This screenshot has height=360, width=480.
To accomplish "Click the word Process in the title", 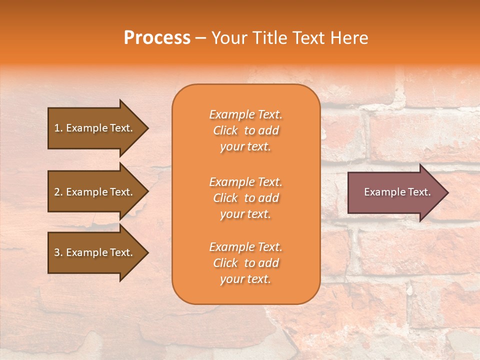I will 157,38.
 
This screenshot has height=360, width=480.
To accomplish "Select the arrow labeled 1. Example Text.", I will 95,128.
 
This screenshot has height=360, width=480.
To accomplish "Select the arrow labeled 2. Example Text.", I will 95,192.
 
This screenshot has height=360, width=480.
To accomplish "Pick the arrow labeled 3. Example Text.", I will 95,252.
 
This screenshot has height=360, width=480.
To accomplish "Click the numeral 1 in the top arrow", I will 57,128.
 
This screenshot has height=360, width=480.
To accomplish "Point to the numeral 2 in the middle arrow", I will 57,192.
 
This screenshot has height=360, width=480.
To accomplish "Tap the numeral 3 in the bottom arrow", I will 57,252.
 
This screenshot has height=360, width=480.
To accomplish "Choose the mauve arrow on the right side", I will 395,192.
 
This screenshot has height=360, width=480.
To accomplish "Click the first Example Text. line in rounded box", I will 245,114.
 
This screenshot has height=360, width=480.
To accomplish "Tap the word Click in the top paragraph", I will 225,130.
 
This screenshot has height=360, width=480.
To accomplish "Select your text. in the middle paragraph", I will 245,214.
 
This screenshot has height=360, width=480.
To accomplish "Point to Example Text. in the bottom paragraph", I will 245,247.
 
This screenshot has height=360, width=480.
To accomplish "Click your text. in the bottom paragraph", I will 245,279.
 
